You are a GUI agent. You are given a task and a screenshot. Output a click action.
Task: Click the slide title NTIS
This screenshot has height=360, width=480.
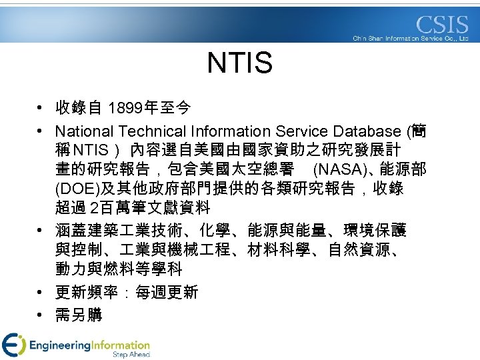(x=240, y=64)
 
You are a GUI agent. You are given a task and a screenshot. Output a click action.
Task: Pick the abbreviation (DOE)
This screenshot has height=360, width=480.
(x=78, y=188)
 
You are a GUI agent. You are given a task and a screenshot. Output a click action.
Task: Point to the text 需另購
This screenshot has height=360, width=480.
(x=79, y=315)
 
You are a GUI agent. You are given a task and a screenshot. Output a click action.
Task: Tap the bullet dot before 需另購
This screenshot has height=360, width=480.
(x=41, y=315)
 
